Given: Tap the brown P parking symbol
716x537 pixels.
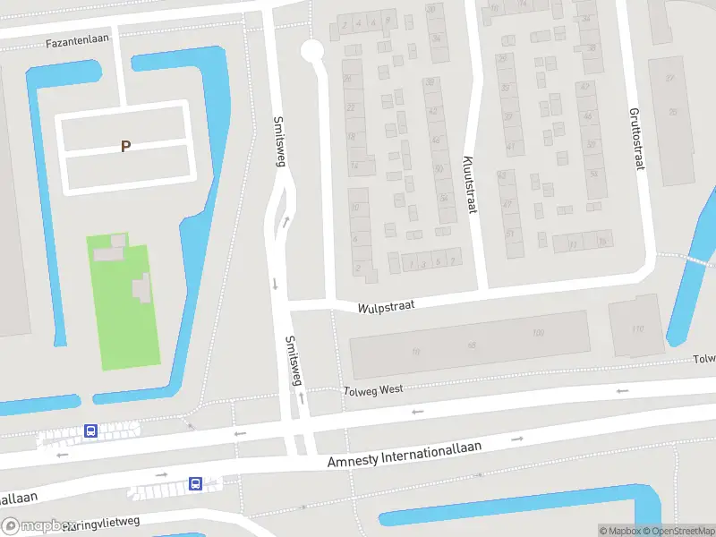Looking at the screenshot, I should click(x=125, y=147).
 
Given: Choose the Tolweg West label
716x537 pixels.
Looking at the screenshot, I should click(x=373, y=389).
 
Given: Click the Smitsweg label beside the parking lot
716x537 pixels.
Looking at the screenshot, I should click(x=277, y=140).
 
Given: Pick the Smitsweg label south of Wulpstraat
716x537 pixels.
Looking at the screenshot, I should click(x=292, y=361).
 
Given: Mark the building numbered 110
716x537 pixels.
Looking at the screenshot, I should click(x=637, y=329).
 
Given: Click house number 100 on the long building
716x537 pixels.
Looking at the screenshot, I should click(x=538, y=334).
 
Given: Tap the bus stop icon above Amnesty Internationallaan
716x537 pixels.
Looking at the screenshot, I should click(x=90, y=431).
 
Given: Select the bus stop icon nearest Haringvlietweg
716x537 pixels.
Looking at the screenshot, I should click(x=195, y=484).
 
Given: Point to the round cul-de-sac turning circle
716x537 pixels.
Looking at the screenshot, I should click(x=311, y=51).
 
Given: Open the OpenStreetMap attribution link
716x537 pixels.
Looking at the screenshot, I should click(x=677, y=531).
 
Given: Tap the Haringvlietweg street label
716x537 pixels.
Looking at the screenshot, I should click(x=103, y=523).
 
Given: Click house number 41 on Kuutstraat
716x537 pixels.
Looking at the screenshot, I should click(x=510, y=146).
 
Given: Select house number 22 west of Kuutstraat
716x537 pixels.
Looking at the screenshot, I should click(x=351, y=107).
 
